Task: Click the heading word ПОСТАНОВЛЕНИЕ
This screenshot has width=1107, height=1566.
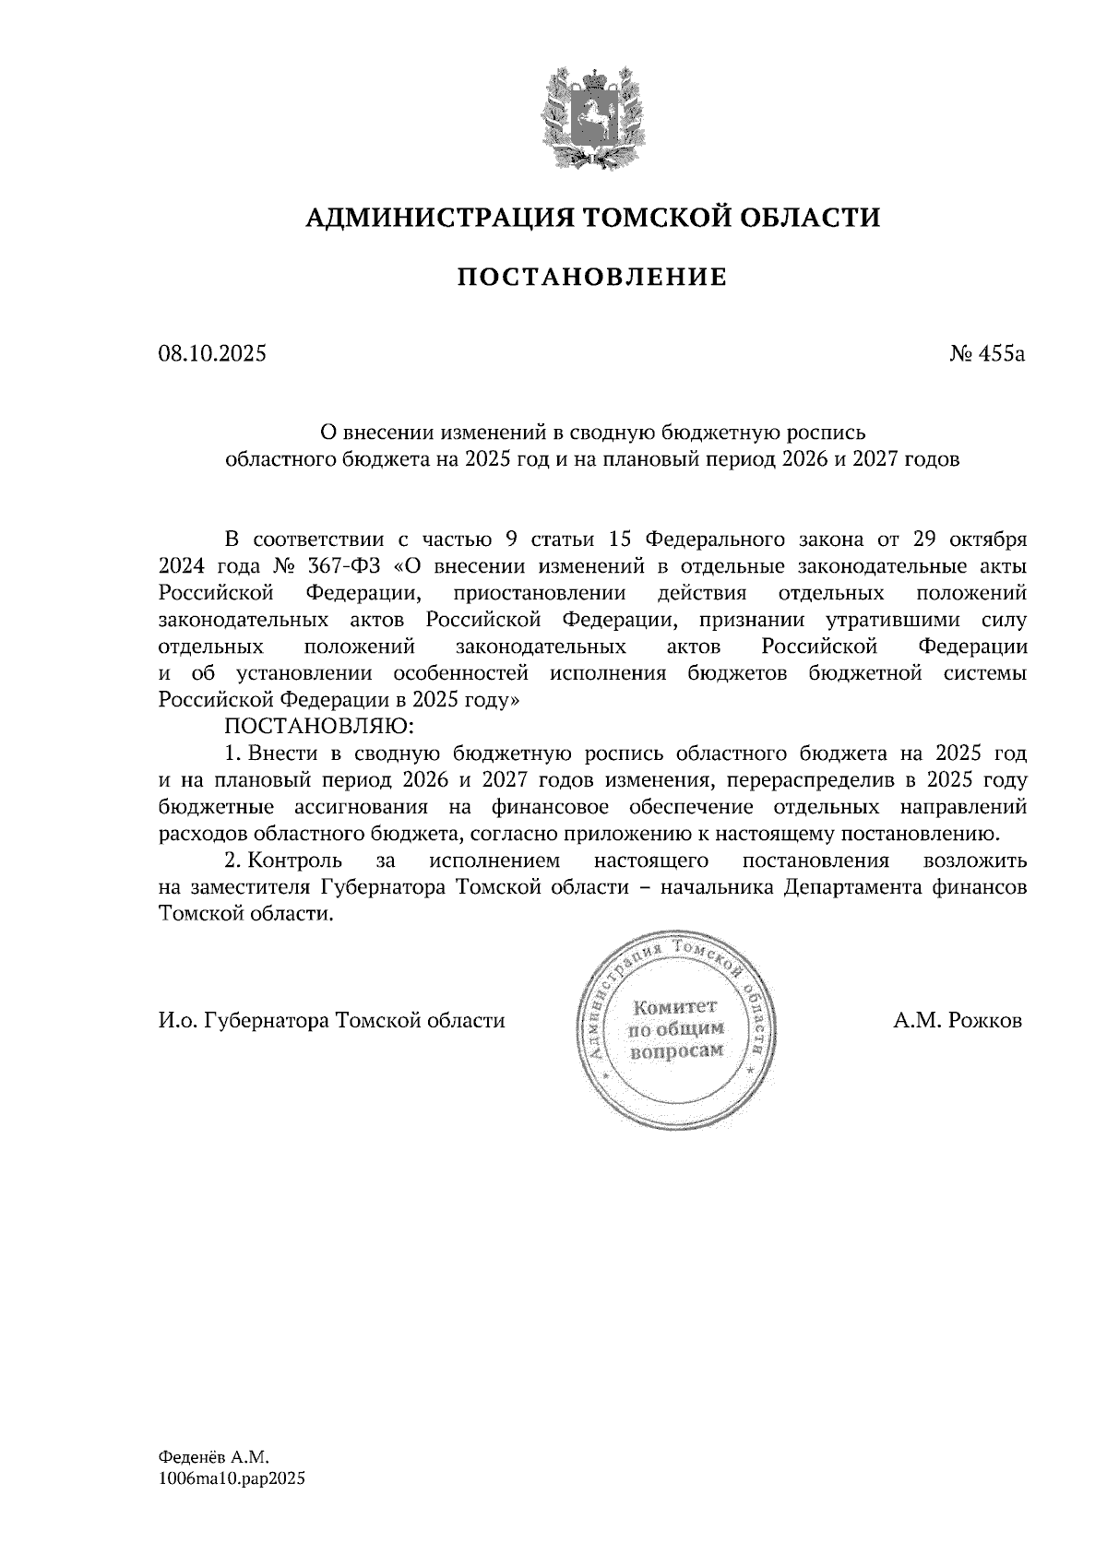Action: (592, 277)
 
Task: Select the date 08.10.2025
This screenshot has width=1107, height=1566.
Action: (211, 352)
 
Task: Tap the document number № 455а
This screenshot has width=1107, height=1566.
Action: (987, 352)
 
